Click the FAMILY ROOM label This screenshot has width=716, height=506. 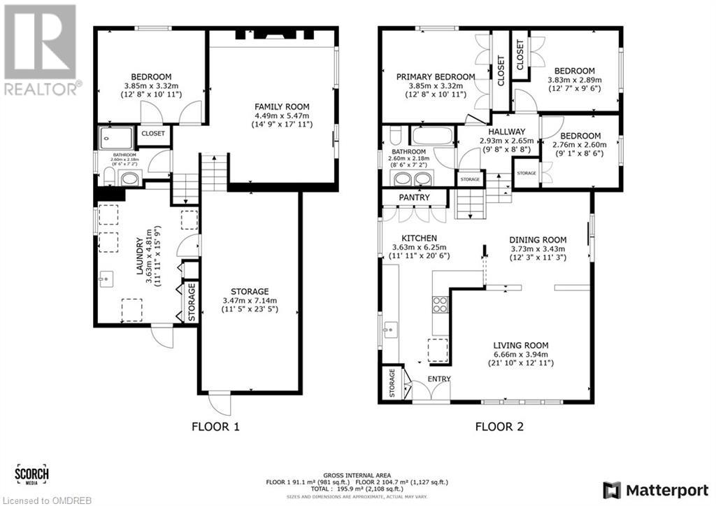(x=282, y=106)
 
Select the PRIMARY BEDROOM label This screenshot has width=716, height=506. (x=436, y=77)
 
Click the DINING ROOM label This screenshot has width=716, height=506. (x=537, y=239)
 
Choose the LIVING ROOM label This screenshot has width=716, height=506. (x=520, y=345)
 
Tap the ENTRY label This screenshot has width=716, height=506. (x=439, y=379)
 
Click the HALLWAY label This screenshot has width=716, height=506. (x=506, y=132)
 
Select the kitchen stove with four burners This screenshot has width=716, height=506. (x=441, y=304)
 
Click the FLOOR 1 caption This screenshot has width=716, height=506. (x=216, y=426)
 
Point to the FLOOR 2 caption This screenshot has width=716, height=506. (x=499, y=426)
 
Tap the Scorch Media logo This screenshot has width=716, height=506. (x=31, y=475)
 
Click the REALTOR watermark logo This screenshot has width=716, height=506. (x=41, y=49)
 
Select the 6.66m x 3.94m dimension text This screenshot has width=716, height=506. (x=520, y=354)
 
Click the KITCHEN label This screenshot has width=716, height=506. (x=420, y=239)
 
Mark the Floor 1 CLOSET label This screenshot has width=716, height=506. (x=153, y=133)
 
